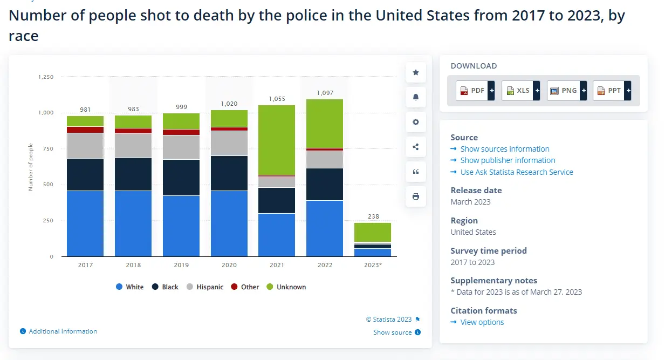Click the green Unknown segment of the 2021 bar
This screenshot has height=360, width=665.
pos(277,140)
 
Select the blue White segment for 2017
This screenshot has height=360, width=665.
pos(85,223)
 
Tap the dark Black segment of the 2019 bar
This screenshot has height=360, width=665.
pos(181,177)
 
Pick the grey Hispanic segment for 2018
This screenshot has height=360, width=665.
pos(133,145)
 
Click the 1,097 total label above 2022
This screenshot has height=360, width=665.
pos(325,93)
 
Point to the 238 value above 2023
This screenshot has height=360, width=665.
pos(373,216)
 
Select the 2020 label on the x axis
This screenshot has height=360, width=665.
pos(229,265)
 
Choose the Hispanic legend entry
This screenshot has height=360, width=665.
pos(205,287)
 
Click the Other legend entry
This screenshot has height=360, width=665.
pos(245,287)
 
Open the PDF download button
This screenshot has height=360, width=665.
pos(475,91)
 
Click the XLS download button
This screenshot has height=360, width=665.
pos(520,91)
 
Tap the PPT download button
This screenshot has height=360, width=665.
pos(612,91)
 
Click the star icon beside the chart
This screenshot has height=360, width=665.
pos(416,72)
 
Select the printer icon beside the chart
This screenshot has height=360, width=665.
pos(416,196)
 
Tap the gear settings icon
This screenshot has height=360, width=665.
pos(416,122)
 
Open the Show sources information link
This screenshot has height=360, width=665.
pos(504,149)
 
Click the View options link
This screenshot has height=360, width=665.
pos(482,322)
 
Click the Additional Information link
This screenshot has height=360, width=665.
pos(63,331)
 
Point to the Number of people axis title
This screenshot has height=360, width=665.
pos(31,167)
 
